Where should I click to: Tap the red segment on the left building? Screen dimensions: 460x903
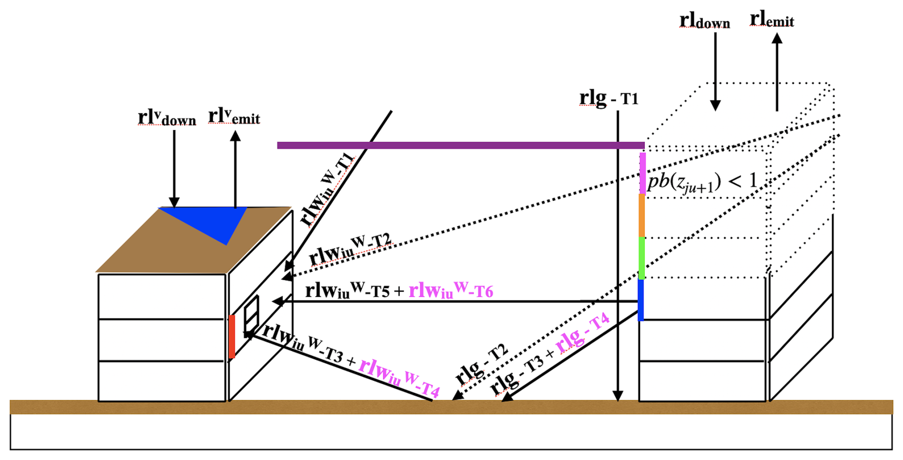click(232, 336)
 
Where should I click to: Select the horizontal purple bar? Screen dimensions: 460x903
click(461, 145)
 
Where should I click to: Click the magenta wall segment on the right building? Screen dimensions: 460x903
click(642, 173)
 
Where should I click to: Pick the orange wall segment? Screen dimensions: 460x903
click(642, 215)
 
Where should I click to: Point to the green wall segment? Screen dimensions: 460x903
click(642, 258)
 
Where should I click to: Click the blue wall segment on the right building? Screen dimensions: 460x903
click(641, 300)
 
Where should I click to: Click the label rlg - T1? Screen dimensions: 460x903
click(609, 98)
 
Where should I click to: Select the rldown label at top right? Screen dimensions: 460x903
click(704, 21)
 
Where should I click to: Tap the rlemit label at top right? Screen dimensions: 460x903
click(772, 20)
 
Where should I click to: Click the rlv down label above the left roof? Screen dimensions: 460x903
click(167, 118)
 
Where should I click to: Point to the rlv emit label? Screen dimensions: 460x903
click(234, 117)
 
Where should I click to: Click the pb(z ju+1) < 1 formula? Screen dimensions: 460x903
click(702, 182)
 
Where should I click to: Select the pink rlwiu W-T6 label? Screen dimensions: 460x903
click(451, 290)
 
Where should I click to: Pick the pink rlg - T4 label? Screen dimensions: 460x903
click(583, 332)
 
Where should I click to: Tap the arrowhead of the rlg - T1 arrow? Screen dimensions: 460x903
click(618, 396)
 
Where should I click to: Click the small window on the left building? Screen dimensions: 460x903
click(252, 316)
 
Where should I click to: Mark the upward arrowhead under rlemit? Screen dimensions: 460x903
click(777, 38)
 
